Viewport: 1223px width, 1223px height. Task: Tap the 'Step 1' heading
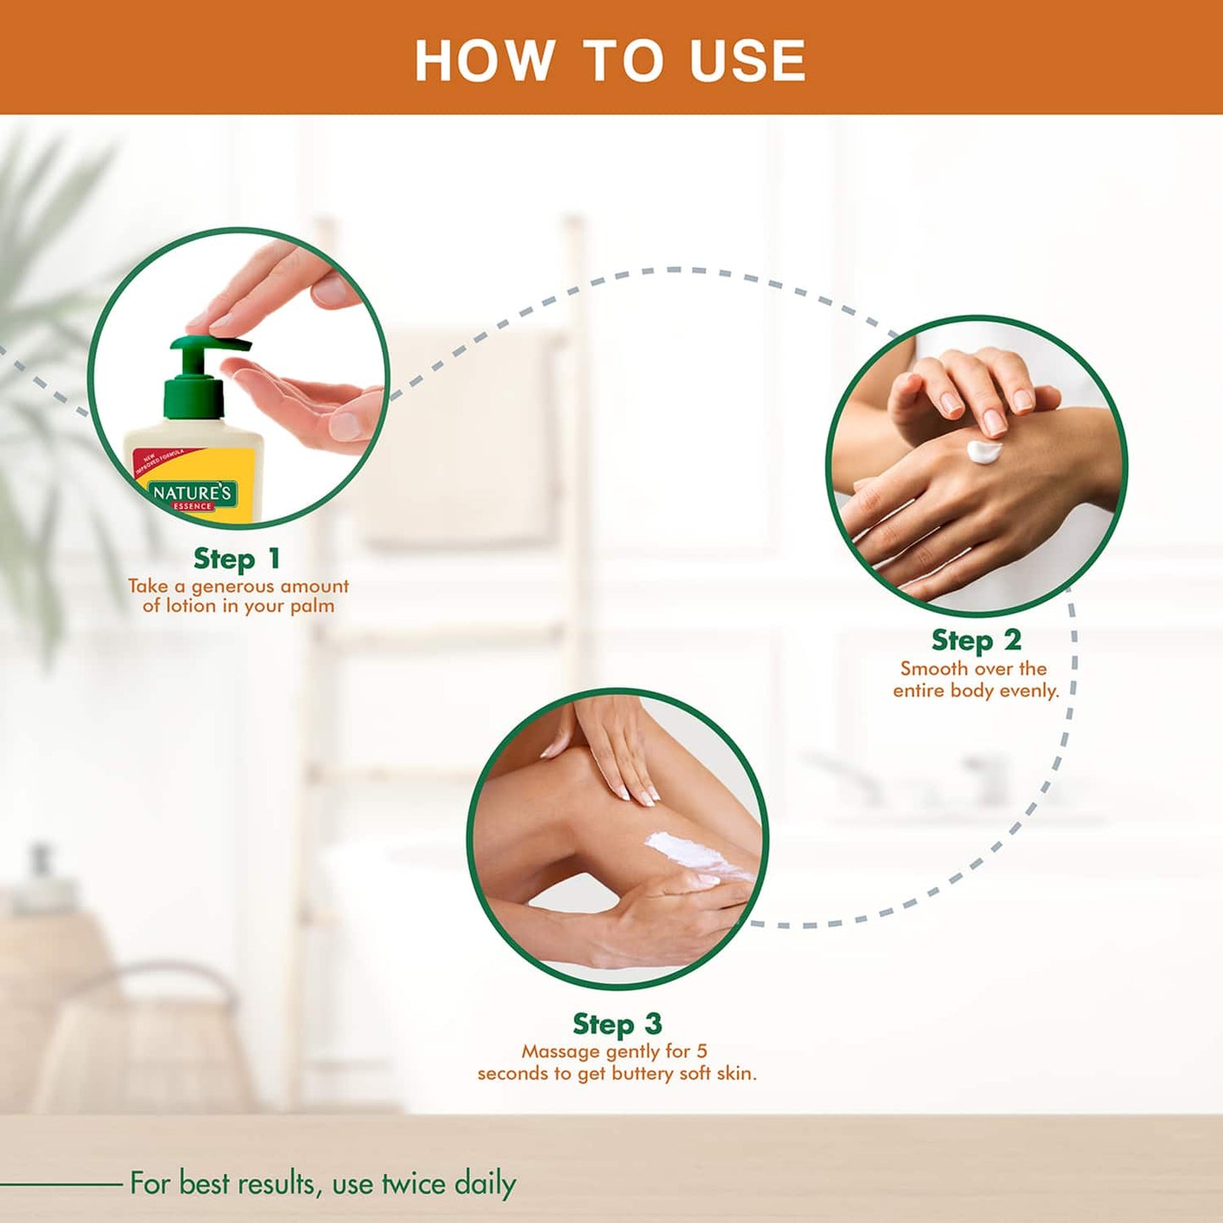coord(236,559)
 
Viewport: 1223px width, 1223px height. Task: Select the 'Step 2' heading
coord(976,641)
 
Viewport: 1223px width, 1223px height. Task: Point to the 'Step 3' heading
coord(617,1024)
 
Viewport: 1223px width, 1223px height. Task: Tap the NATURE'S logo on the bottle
coord(192,493)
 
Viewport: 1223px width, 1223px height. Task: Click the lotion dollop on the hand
coord(983,452)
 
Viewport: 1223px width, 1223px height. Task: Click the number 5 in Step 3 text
coord(702,1051)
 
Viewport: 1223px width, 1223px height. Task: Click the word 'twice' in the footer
coord(413,1183)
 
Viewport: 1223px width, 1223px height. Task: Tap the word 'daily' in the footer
coord(485,1183)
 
